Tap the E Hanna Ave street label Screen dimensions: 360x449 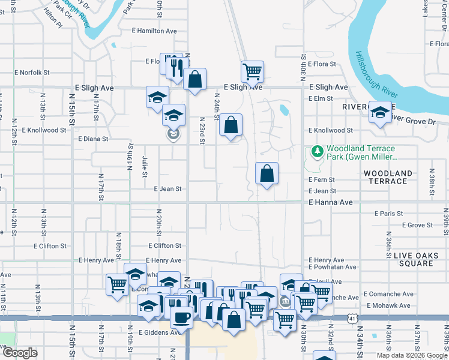pos(330,203)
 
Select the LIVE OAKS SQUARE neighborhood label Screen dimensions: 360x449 pos(412,260)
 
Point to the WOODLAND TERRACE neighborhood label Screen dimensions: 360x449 pos(388,177)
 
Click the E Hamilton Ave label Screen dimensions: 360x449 pos(154,31)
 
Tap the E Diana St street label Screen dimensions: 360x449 pos(93,139)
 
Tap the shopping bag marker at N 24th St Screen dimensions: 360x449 pos(231,125)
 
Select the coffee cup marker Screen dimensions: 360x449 pos(181,317)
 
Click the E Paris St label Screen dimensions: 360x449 pos(388,214)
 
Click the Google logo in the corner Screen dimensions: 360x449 pos(20,352)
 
